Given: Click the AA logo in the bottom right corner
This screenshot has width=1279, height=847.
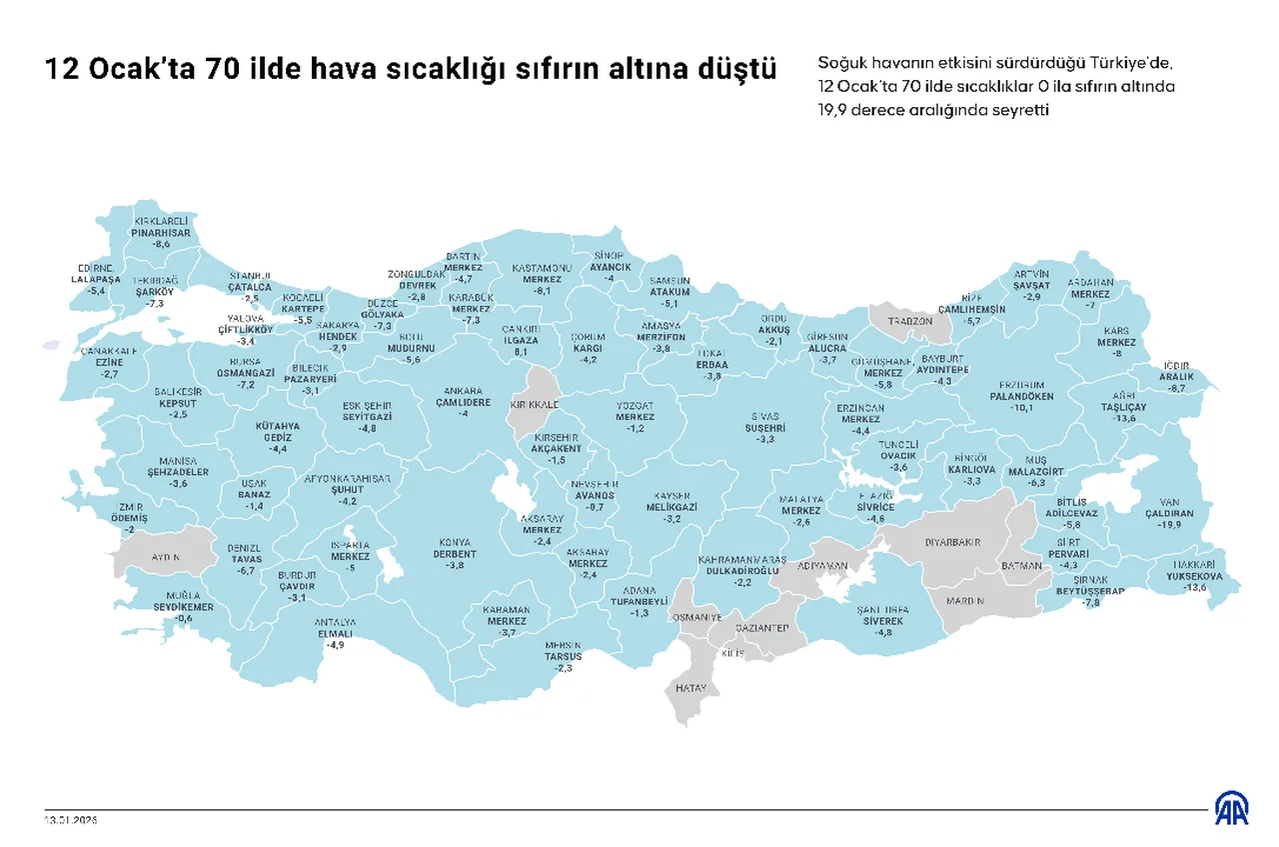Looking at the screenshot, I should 1230,809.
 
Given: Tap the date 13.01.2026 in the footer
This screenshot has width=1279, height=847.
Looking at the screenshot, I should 71,819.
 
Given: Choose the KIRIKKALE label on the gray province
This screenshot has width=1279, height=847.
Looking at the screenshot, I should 534,404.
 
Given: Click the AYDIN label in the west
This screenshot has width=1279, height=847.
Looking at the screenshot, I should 166,556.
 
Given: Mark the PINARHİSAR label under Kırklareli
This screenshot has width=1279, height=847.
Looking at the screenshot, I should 161,232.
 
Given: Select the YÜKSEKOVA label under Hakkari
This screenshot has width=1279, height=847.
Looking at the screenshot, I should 1195,576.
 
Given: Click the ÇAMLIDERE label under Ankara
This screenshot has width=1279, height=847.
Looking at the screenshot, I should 463,402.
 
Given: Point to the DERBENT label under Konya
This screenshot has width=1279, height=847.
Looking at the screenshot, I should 455,554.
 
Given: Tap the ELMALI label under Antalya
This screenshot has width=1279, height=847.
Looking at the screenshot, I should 335,633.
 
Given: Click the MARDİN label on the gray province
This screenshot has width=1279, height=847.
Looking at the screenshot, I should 966,601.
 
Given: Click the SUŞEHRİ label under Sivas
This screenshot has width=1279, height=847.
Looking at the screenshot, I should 765,427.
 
